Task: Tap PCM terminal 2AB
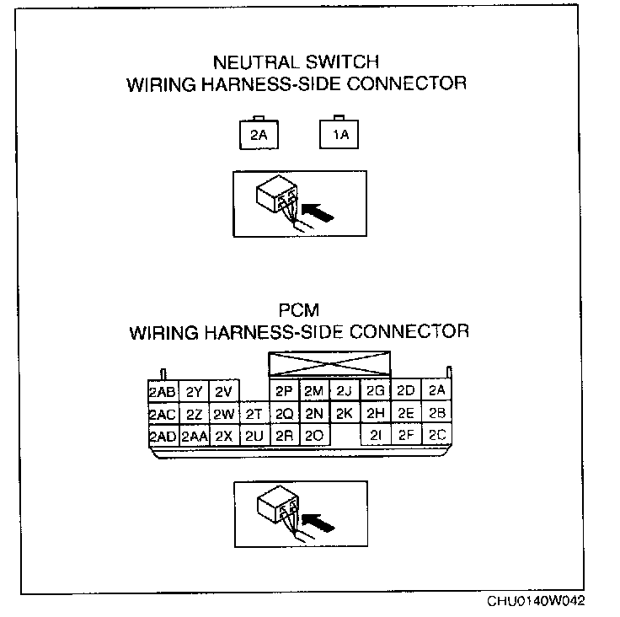pos(161,392)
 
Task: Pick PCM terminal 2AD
pos(161,436)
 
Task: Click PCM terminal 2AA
pos(194,436)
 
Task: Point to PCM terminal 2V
pos(222,392)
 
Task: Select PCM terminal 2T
pos(254,414)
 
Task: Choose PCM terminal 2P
pos(284,392)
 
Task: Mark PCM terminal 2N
pos(314,414)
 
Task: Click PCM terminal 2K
pos(343,414)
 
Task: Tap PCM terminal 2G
pos(376,392)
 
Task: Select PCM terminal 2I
pos(376,436)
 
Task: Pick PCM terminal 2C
pos(436,436)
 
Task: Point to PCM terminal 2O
pos(314,436)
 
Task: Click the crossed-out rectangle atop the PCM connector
pos(329,364)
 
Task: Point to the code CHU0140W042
pos(536,602)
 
